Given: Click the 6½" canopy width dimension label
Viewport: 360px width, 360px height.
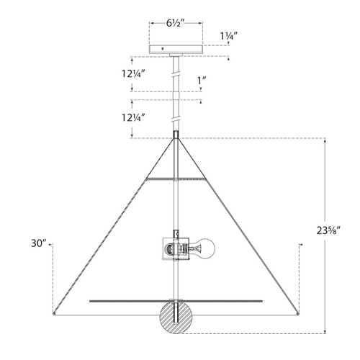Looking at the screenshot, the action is [x=175, y=23].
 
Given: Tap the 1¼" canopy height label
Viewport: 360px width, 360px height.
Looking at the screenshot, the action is [x=229, y=36].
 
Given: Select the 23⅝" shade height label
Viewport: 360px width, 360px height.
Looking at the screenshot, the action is [x=328, y=230].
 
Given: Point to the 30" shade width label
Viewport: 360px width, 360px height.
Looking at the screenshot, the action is [x=38, y=243].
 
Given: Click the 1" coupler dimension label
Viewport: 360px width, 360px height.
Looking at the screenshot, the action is [x=202, y=81].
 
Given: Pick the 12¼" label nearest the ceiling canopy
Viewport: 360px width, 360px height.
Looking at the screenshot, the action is [x=133, y=73].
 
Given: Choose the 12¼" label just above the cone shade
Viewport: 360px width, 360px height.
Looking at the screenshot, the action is [x=133, y=118].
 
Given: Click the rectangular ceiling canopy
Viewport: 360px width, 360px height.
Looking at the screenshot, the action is [x=176, y=49].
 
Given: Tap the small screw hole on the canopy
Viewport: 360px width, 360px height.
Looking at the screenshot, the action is [x=163, y=49].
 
